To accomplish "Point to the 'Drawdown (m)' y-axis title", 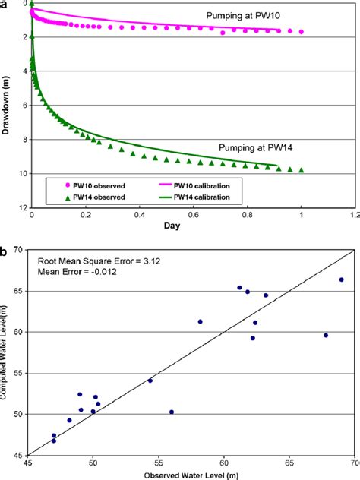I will (x=7, y=106).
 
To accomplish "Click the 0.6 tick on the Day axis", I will (x=194, y=216).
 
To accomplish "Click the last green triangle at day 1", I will (x=302, y=170).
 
